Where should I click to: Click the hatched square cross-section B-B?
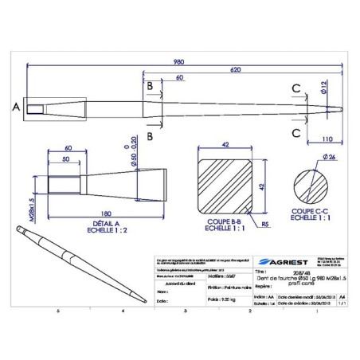point(225,185)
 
